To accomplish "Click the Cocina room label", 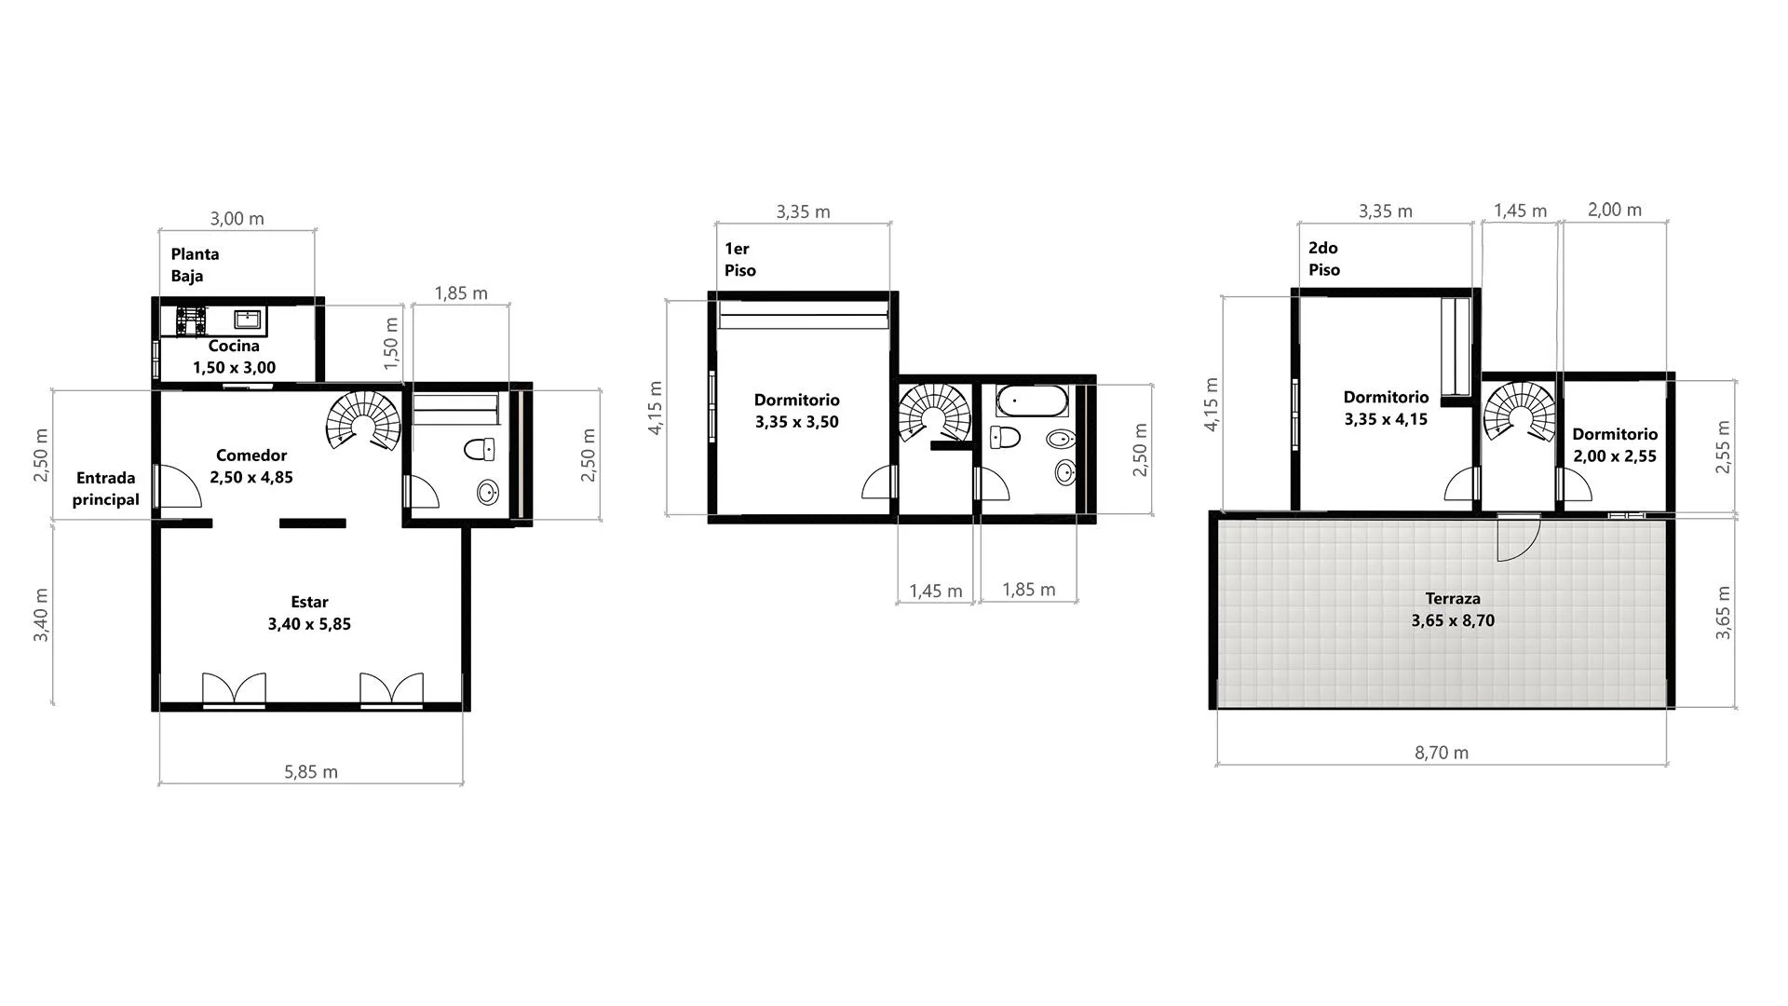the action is pyautogui.click(x=234, y=357).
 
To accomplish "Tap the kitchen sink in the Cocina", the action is pyautogui.click(x=248, y=319).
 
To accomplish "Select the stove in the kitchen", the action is pyautogui.click(x=191, y=320).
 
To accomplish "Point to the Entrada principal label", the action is pyautogui.click(x=106, y=489).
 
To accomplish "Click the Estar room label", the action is pyautogui.click(x=309, y=613).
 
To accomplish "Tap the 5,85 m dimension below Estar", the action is pyautogui.click(x=311, y=772).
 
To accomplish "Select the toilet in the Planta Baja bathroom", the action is pyautogui.click(x=479, y=450).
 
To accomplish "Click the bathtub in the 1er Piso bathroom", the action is pyautogui.click(x=1032, y=401).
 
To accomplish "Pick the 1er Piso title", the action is pyautogui.click(x=740, y=260).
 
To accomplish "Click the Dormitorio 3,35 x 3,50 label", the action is pyautogui.click(x=797, y=411).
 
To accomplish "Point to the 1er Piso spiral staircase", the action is pyautogui.click(x=936, y=413).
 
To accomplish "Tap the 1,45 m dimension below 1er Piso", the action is pyautogui.click(x=936, y=591).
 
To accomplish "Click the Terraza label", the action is pyautogui.click(x=1453, y=610).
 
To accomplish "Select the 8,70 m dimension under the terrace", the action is pyautogui.click(x=1442, y=753).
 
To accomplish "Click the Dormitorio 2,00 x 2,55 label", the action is pyautogui.click(x=1615, y=445).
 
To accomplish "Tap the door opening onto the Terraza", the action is pyautogui.click(x=1518, y=537).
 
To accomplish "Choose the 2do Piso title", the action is pyautogui.click(x=1324, y=259).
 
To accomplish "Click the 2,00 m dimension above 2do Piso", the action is pyautogui.click(x=1615, y=211).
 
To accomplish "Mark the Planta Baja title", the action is pyautogui.click(x=195, y=265).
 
